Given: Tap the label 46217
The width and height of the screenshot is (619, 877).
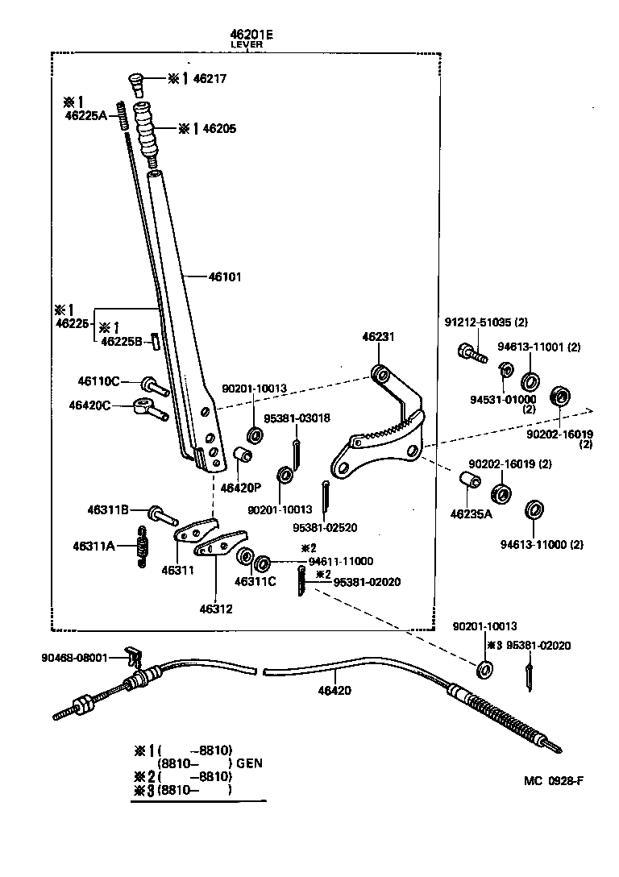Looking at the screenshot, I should point(210,79).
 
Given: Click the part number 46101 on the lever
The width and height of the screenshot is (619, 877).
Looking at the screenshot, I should point(225,276).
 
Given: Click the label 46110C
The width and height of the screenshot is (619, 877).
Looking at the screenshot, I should point(98,380).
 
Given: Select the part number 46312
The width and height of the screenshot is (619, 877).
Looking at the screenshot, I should point(217,609).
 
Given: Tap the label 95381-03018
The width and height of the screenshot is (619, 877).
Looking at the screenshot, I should point(297,418).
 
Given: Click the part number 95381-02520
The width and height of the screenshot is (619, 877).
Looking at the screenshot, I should point(324,527).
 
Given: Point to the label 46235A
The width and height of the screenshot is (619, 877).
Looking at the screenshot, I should point(471,513).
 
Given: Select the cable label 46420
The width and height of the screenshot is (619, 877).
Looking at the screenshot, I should point(334,690).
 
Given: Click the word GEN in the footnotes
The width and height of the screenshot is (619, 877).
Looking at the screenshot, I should point(249,763).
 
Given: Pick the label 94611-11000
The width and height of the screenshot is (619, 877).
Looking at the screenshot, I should point(340,560).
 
